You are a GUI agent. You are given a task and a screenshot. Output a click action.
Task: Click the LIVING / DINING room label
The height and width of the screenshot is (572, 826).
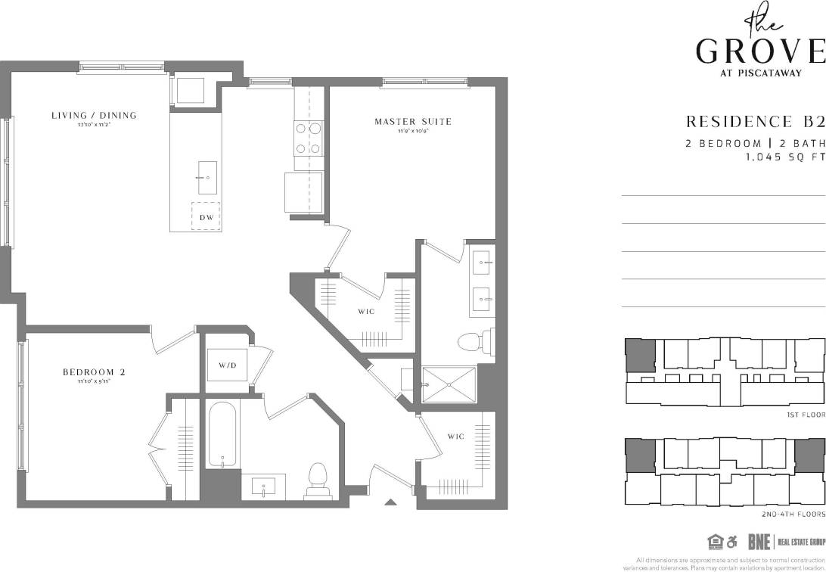94,116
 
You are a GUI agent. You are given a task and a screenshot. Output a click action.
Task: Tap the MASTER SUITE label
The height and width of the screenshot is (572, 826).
413,121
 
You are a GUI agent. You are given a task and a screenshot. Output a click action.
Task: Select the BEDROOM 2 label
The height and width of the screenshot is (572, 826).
94,372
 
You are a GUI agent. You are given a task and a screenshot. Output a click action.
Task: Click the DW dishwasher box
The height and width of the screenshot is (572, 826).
206,217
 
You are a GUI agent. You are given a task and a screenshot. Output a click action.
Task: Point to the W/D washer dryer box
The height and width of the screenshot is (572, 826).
227,365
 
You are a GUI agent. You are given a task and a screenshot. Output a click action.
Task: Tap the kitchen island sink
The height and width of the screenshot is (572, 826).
207,177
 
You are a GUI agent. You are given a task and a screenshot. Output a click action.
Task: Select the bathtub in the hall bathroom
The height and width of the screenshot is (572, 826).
222,434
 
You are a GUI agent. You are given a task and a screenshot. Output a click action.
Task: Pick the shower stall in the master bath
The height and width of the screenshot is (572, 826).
449,386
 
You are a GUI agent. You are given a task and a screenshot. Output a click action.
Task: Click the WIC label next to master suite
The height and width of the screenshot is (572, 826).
367,311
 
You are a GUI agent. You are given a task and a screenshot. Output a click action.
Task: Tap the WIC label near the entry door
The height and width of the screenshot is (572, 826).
455,437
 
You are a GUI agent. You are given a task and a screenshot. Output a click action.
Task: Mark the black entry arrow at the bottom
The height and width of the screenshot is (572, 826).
390,502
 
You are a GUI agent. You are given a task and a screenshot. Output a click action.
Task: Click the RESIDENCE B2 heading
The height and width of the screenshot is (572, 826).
754,122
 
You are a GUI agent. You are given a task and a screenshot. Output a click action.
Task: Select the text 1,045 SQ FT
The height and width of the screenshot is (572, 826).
784,157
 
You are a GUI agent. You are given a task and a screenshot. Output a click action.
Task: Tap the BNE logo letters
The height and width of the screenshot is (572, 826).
759,542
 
